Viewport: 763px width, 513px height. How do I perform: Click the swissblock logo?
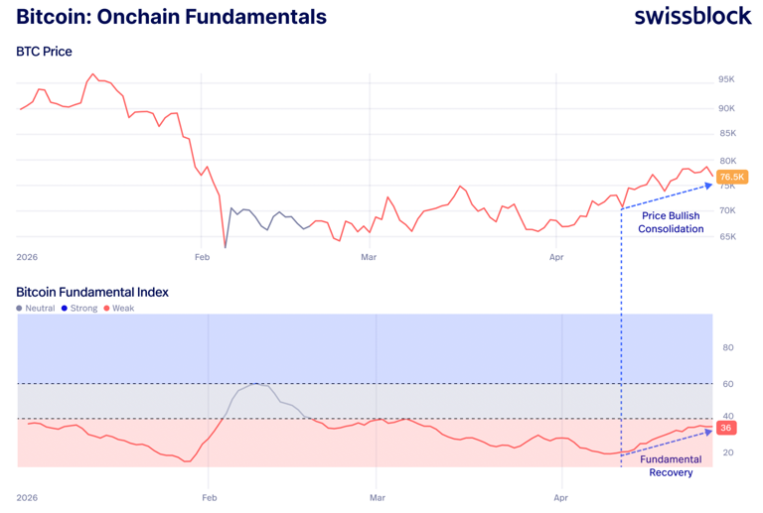point(692,17)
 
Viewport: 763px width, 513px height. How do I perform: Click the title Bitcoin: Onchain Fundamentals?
point(171,17)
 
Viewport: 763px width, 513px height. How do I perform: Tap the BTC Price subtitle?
point(44,52)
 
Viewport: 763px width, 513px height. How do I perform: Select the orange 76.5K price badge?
point(732,178)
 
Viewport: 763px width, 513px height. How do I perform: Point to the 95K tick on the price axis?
point(726,79)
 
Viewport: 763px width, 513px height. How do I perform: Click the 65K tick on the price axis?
point(726,237)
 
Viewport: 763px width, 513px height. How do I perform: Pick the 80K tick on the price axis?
point(726,161)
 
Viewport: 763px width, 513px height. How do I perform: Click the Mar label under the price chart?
point(369,257)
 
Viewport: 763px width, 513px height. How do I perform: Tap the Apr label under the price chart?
point(556,257)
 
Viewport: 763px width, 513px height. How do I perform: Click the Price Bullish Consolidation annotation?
point(672,222)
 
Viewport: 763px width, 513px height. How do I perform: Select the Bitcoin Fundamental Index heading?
point(92,292)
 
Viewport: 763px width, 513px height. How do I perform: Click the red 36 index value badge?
point(725,428)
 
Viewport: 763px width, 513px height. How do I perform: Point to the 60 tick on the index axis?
point(727,383)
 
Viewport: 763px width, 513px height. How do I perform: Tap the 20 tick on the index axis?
point(727,452)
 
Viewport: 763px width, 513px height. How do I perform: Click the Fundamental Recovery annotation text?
point(671,465)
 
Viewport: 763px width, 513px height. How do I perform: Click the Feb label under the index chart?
point(209,497)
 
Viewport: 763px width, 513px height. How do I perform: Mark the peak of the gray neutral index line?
point(256,383)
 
